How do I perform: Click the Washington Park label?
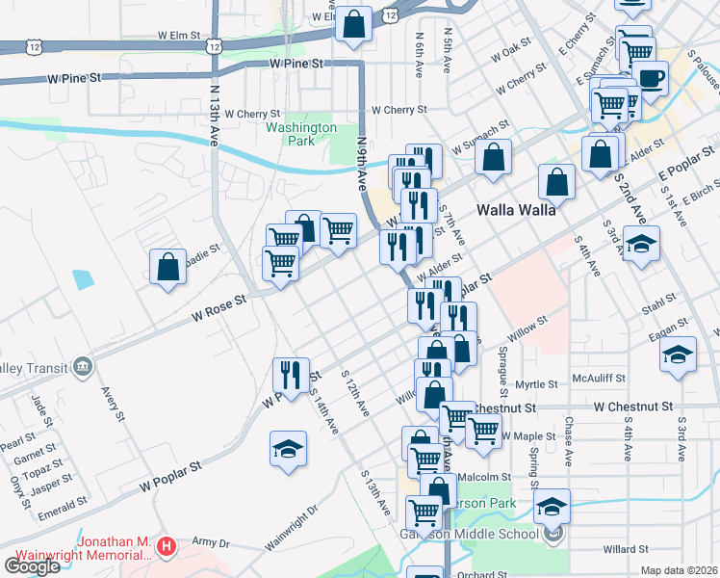coord(301,133)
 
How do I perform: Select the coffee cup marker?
coord(651,79)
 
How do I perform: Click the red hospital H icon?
coord(167,547)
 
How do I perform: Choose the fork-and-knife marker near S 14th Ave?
coord(291,374)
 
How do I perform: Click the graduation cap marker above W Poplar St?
coord(288,450)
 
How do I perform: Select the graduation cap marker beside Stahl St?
coord(640,245)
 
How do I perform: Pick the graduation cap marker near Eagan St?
coord(678,355)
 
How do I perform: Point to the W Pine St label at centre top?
coord(295,63)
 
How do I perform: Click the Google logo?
coord(32,565)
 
